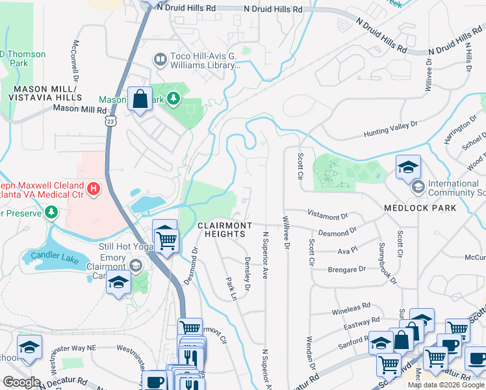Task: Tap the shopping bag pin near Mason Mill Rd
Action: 140,99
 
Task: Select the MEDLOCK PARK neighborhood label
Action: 429,208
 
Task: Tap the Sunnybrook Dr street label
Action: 387,263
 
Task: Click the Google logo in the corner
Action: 21,382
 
